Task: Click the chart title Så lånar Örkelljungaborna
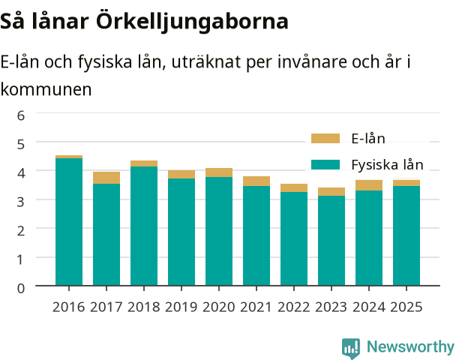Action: coord(144,22)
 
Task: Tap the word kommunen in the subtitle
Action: coord(46,89)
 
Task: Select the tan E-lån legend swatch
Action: coord(325,139)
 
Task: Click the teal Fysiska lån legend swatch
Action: coord(325,164)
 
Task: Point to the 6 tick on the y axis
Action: coord(21,115)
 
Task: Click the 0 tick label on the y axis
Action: coord(21,288)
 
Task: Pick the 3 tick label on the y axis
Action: coord(21,202)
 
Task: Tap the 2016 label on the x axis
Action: coord(69,307)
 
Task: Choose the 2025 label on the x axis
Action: coord(406,307)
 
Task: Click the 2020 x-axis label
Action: coord(219,307)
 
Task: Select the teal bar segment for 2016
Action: coord(69,222)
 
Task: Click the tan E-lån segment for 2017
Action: coord(106,178)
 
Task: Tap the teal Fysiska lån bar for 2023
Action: coord(331,241)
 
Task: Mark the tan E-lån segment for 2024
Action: coord(369,185)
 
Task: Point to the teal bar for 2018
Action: coord(144,226)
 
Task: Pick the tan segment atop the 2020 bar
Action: coord(219,172)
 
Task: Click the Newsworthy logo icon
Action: coord(351,348)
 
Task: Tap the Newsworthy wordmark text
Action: coord(410,347)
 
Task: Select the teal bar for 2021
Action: coord(256,235)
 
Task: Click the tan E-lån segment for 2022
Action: coord(294,187)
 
